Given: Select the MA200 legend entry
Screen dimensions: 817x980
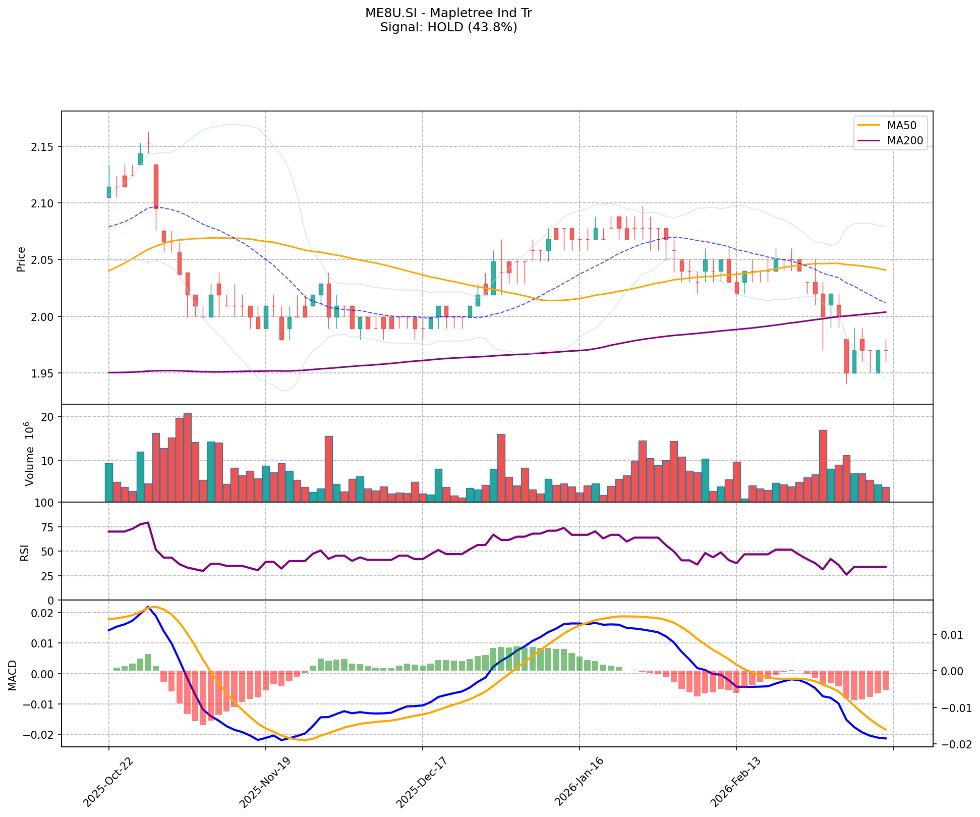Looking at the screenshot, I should click(x=905, y=141).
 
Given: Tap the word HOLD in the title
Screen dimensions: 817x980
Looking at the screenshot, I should click(x=445, y=27).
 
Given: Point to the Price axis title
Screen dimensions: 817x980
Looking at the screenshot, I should click(x=21, y=259).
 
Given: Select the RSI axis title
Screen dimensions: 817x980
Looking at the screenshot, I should click(x=24, y=552).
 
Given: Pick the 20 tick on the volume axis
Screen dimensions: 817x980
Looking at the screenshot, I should click(x=49, y=417).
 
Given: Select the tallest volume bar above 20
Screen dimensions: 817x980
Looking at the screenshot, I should click(x=188, y=457).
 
